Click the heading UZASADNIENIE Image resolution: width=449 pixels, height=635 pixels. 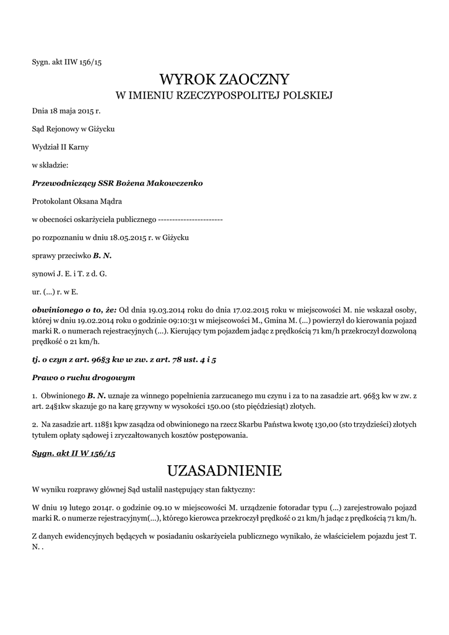click(x=224, y=471)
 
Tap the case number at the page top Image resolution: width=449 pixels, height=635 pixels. click(x=66, y=62)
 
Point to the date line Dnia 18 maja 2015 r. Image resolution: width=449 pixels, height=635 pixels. click(x=66, y=111)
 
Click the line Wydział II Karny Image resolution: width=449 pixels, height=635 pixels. click(x=60, y=147)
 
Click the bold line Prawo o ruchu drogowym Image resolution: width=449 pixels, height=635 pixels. click(x=83, y=376)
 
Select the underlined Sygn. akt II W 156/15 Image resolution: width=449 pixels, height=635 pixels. click(x=74, y=453)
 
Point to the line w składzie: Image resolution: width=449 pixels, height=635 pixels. click(x=50, y=165)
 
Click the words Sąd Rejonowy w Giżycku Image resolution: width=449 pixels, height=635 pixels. click(x=73, y=129)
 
